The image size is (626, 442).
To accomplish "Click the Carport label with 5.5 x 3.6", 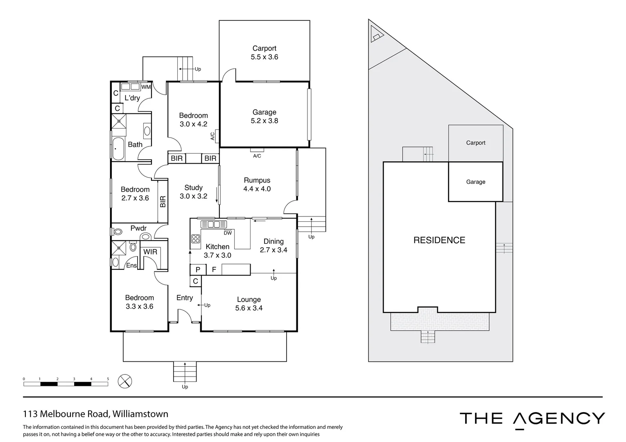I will [x=264, y=53].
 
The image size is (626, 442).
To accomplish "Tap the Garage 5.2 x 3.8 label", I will [x=264, y=116].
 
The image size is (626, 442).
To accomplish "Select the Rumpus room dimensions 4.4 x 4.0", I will [x=257, y=189].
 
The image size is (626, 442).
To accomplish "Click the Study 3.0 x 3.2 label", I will [x=193, y=192].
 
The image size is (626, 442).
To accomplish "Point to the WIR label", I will [x=150, y=252].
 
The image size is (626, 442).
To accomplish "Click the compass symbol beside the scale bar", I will [x=124, y=381].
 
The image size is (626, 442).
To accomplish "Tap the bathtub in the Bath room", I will [x=118, y=148].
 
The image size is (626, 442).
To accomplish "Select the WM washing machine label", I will [x=146, y=87].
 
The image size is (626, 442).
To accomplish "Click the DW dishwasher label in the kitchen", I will [x=228, y=233].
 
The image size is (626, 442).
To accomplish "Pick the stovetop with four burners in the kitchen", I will [x=195, y=239].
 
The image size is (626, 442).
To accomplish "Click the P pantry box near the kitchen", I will [x=198, y=270].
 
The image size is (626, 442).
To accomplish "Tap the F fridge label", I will [x=214, y=270].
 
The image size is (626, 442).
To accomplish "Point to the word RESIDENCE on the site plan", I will [x=439, y=240].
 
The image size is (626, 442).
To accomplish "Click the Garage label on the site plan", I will [x=475, y=182].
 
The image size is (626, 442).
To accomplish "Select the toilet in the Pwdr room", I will [x=118, y=232].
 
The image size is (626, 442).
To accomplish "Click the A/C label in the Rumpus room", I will [x=257, y=156].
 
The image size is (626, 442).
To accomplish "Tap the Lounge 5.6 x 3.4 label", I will [x=249, y=304].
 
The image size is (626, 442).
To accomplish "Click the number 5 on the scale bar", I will [x=108, y=379].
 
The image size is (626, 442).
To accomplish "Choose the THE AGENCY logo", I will [x=532, y=419].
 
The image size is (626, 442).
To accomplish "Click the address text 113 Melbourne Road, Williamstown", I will [x=95, y=414].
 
